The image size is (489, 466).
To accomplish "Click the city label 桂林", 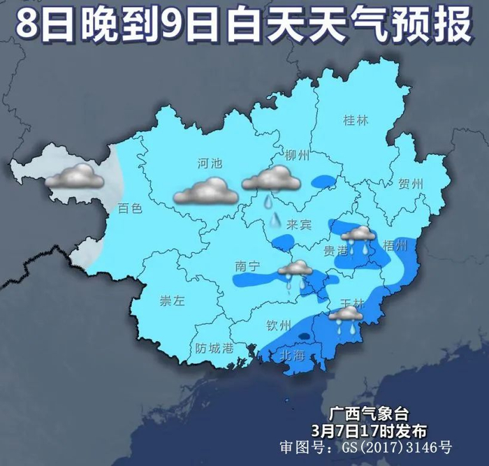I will pyautogui.click(x=355, y=120).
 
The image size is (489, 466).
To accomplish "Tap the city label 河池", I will pyautogui.click(x=209, y=164).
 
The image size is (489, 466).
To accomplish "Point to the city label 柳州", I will pyautogui.click(x=297, y=155).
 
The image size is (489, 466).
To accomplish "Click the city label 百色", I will pyautogui.click(x=130, y=207).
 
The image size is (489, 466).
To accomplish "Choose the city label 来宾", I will pyautogui.click(x=298, y=224).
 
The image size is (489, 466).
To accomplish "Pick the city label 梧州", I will pyautogui.click(x=395, y=246).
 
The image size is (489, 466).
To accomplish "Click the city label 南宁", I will pyautogui.click(x=248, y=265).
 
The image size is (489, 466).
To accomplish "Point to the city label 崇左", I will pyautogui.click(x=172, y=301).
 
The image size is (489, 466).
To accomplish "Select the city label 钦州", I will pyautogui.click(x=278, y=325).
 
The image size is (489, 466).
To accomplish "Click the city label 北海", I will pyautogui.click(x=293, y=355).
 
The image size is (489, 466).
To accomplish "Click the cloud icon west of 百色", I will pyautogui.click(x=75, y=177).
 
